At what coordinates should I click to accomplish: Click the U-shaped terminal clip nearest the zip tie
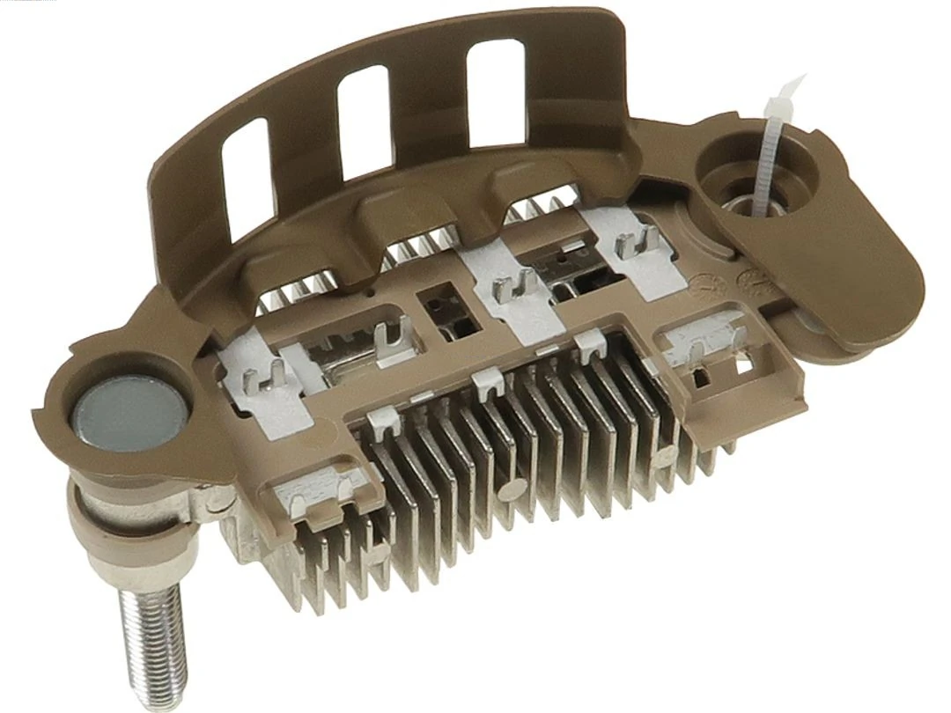[638, 243]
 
